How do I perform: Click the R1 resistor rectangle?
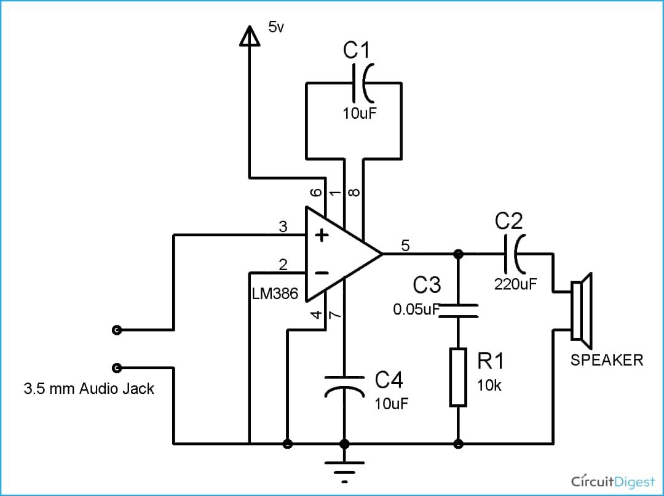point(458,377)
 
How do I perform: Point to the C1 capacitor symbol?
point(360,83)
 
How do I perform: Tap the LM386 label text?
point(275,294)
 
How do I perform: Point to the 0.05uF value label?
point(416,309)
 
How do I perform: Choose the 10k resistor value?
point(489,386)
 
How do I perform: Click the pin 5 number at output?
point(405,245)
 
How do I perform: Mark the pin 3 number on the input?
point(283,226)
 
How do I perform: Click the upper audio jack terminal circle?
point(117,330)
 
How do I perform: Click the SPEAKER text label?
point(606,360)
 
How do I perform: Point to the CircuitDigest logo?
point(612,480)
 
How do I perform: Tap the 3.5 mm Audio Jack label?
point(89,389)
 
